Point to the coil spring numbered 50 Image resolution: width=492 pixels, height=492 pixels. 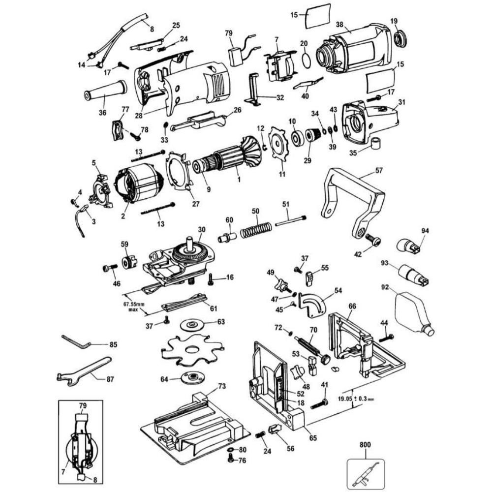[256, 229]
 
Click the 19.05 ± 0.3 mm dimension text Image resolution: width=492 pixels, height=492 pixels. [357, 400]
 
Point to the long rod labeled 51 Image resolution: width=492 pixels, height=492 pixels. [290, 221]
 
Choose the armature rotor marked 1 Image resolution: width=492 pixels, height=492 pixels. [231, 157]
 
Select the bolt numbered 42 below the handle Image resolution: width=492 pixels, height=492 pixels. [374, 241]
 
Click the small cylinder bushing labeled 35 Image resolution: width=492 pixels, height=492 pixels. [377, 144]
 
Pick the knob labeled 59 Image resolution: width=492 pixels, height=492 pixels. [129, 262]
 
